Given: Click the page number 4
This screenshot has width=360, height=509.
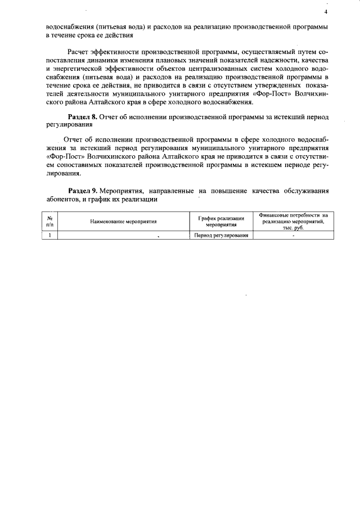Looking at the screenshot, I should (x=326, y=12).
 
